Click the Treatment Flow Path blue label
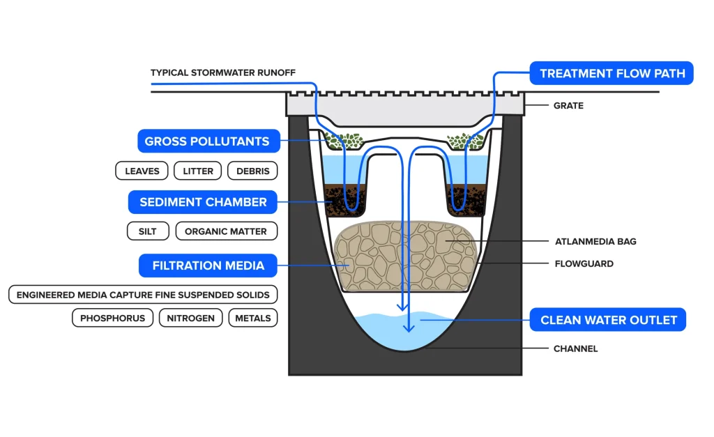612,73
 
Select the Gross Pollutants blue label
208,141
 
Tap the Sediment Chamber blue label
203,202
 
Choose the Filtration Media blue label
208,266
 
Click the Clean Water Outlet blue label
608,319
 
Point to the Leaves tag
142,171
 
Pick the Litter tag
197,171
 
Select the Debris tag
252,171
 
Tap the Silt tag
148,231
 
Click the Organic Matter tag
226,231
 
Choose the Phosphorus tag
112,318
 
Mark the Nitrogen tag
190,318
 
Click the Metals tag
252,318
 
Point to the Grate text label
568,106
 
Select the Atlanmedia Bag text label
595,242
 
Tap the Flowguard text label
584,263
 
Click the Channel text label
575,348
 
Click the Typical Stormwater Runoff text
223,72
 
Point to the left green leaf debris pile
344,141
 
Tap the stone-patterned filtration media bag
406,256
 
